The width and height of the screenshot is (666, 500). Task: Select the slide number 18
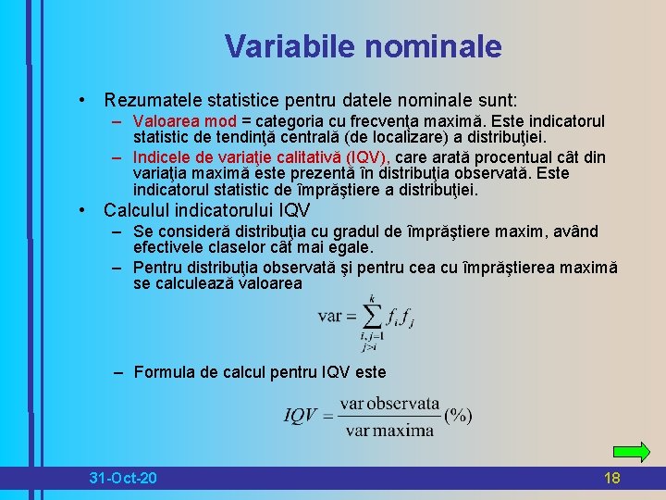point(611,478)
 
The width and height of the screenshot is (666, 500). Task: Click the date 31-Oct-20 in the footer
point(123,478)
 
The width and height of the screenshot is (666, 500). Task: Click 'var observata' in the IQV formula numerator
point(389,404)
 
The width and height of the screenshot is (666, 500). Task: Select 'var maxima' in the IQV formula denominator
point(389,430)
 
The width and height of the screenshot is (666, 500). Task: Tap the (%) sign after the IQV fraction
point(458,416)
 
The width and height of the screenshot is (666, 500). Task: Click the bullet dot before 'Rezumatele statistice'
point(83,99)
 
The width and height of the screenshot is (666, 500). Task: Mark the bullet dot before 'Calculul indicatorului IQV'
point(83,210)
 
